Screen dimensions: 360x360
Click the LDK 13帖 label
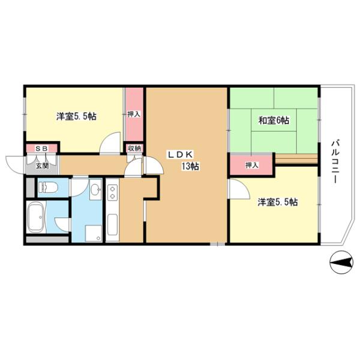[x=183, y=160]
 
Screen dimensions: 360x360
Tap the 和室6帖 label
[x=274, y=121]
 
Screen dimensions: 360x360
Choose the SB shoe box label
[x=41, y=148]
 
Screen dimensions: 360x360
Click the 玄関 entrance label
[x=41, y=165]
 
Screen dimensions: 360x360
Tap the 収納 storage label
[x=134, y=148]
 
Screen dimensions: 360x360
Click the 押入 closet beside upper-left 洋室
[x=134, y=113]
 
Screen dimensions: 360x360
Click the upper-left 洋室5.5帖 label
[x=76, y=116]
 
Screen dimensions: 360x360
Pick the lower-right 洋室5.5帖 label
[x=278, y=202]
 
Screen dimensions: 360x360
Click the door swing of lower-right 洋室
[x=238, y=191]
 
